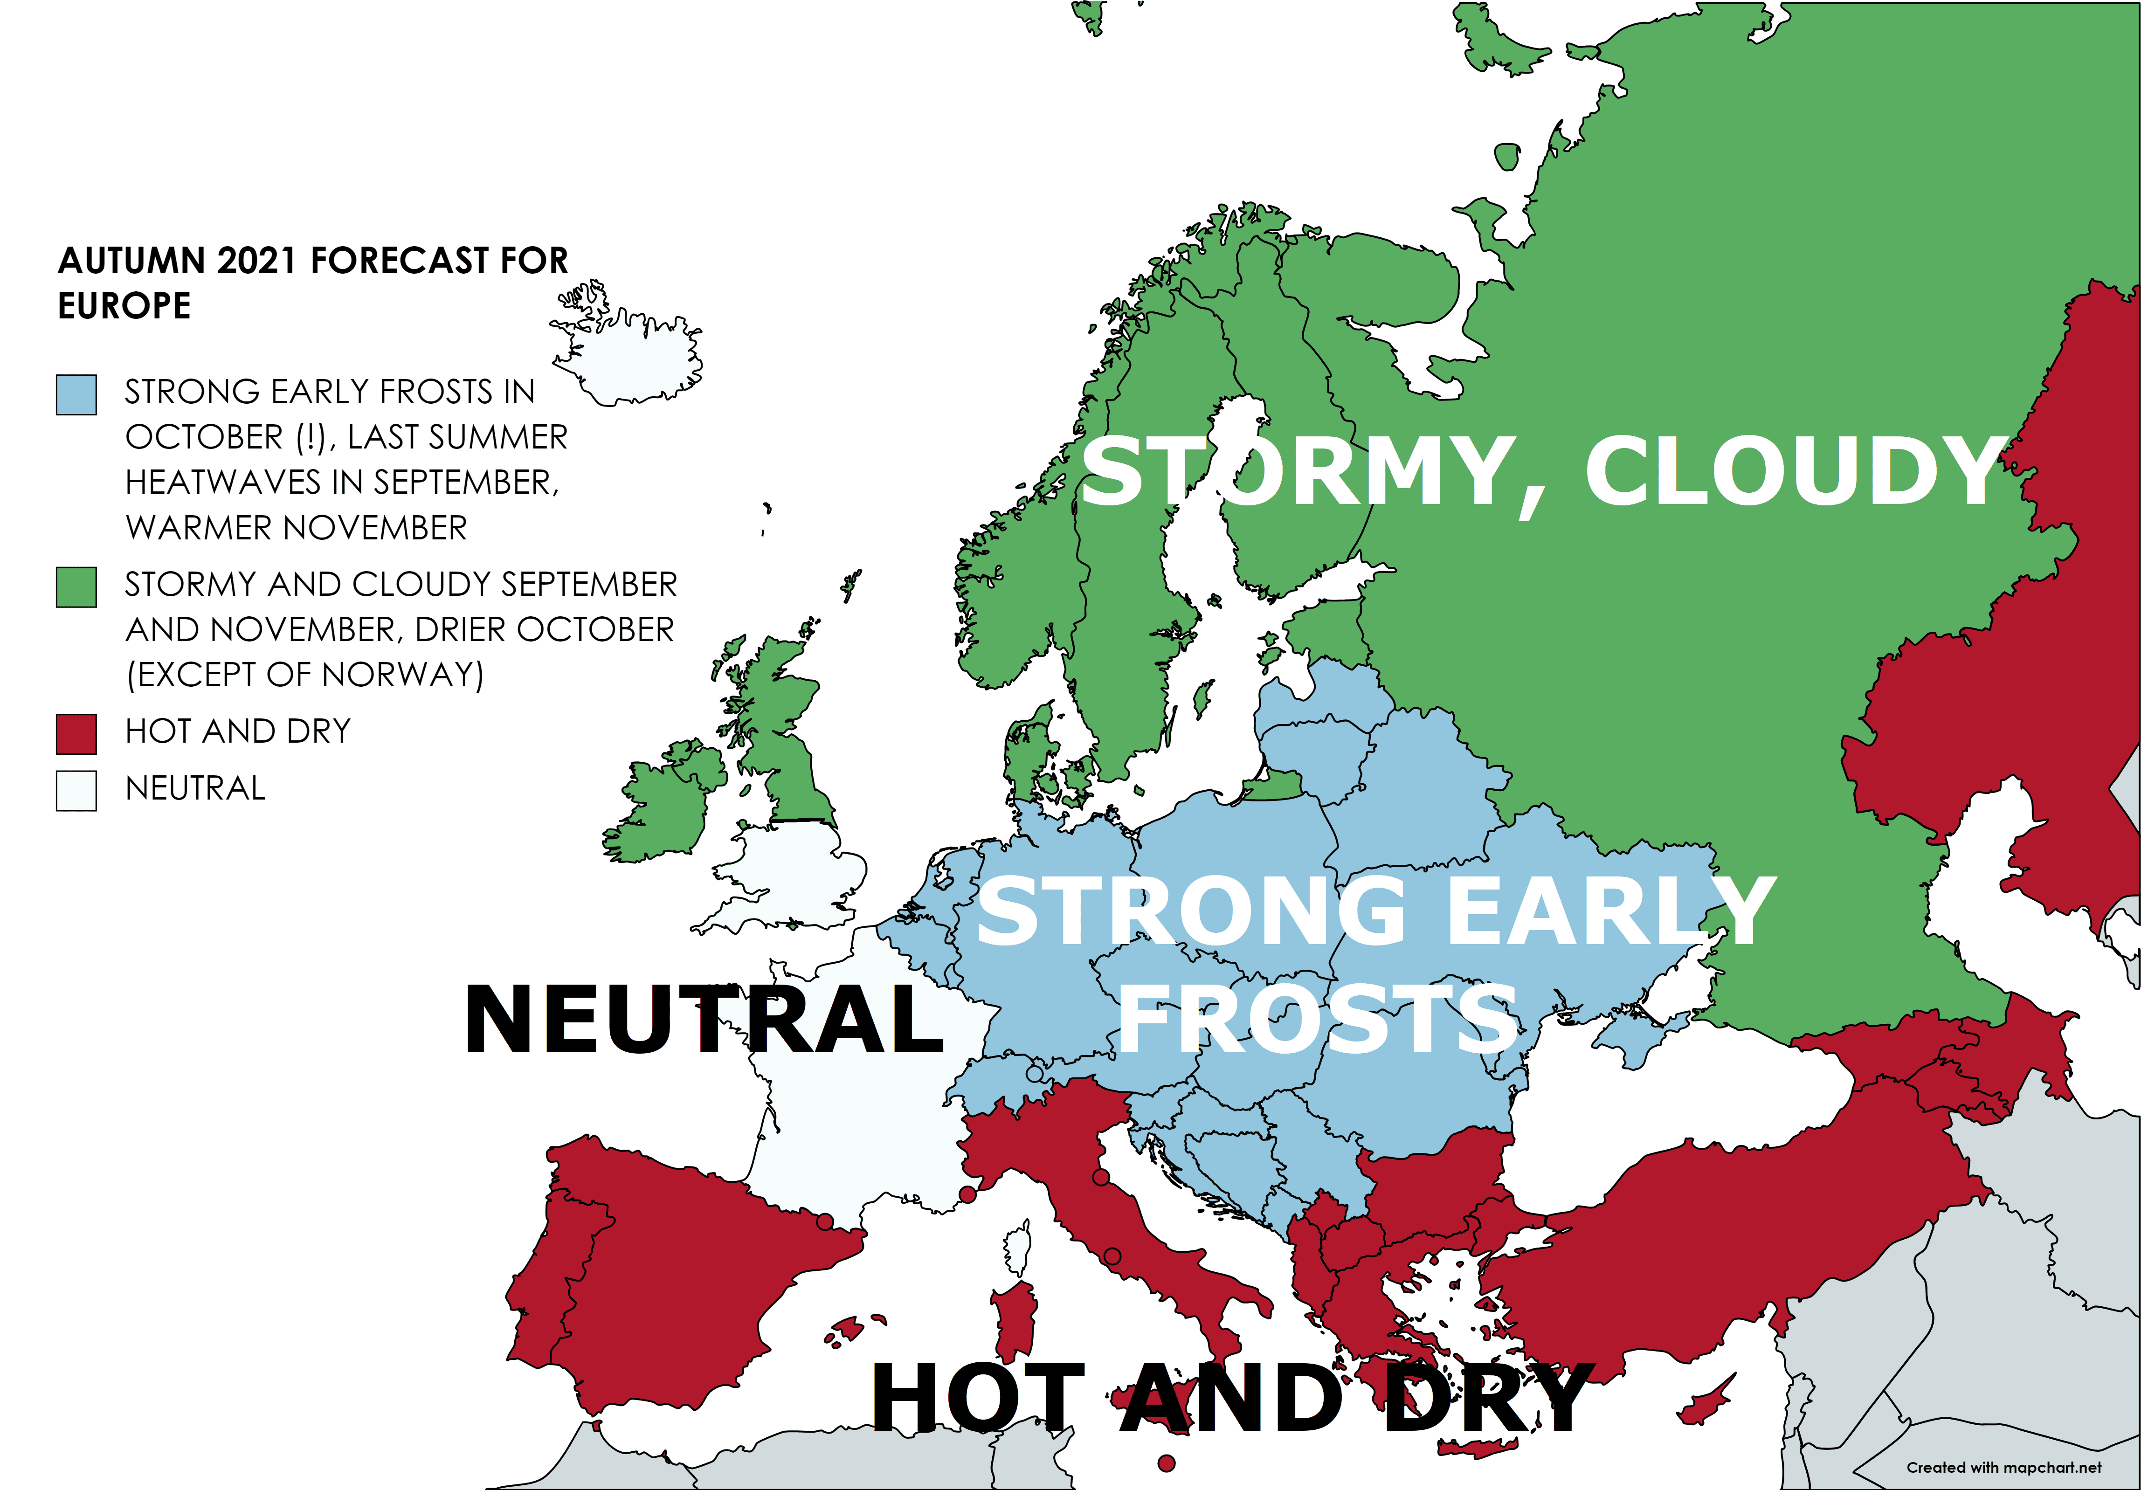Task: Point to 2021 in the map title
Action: (258, 261)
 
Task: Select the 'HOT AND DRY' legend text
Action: (238, 731)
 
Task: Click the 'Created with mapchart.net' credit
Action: (2003, 1467)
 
